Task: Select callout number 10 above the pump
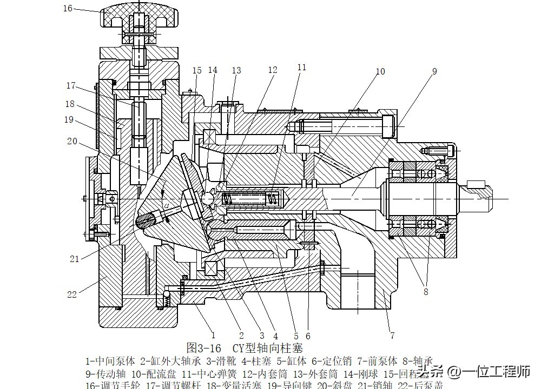click(380, 71)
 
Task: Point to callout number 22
click(72, 294)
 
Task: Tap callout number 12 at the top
click(272, 70)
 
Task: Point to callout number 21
click(74, 259)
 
